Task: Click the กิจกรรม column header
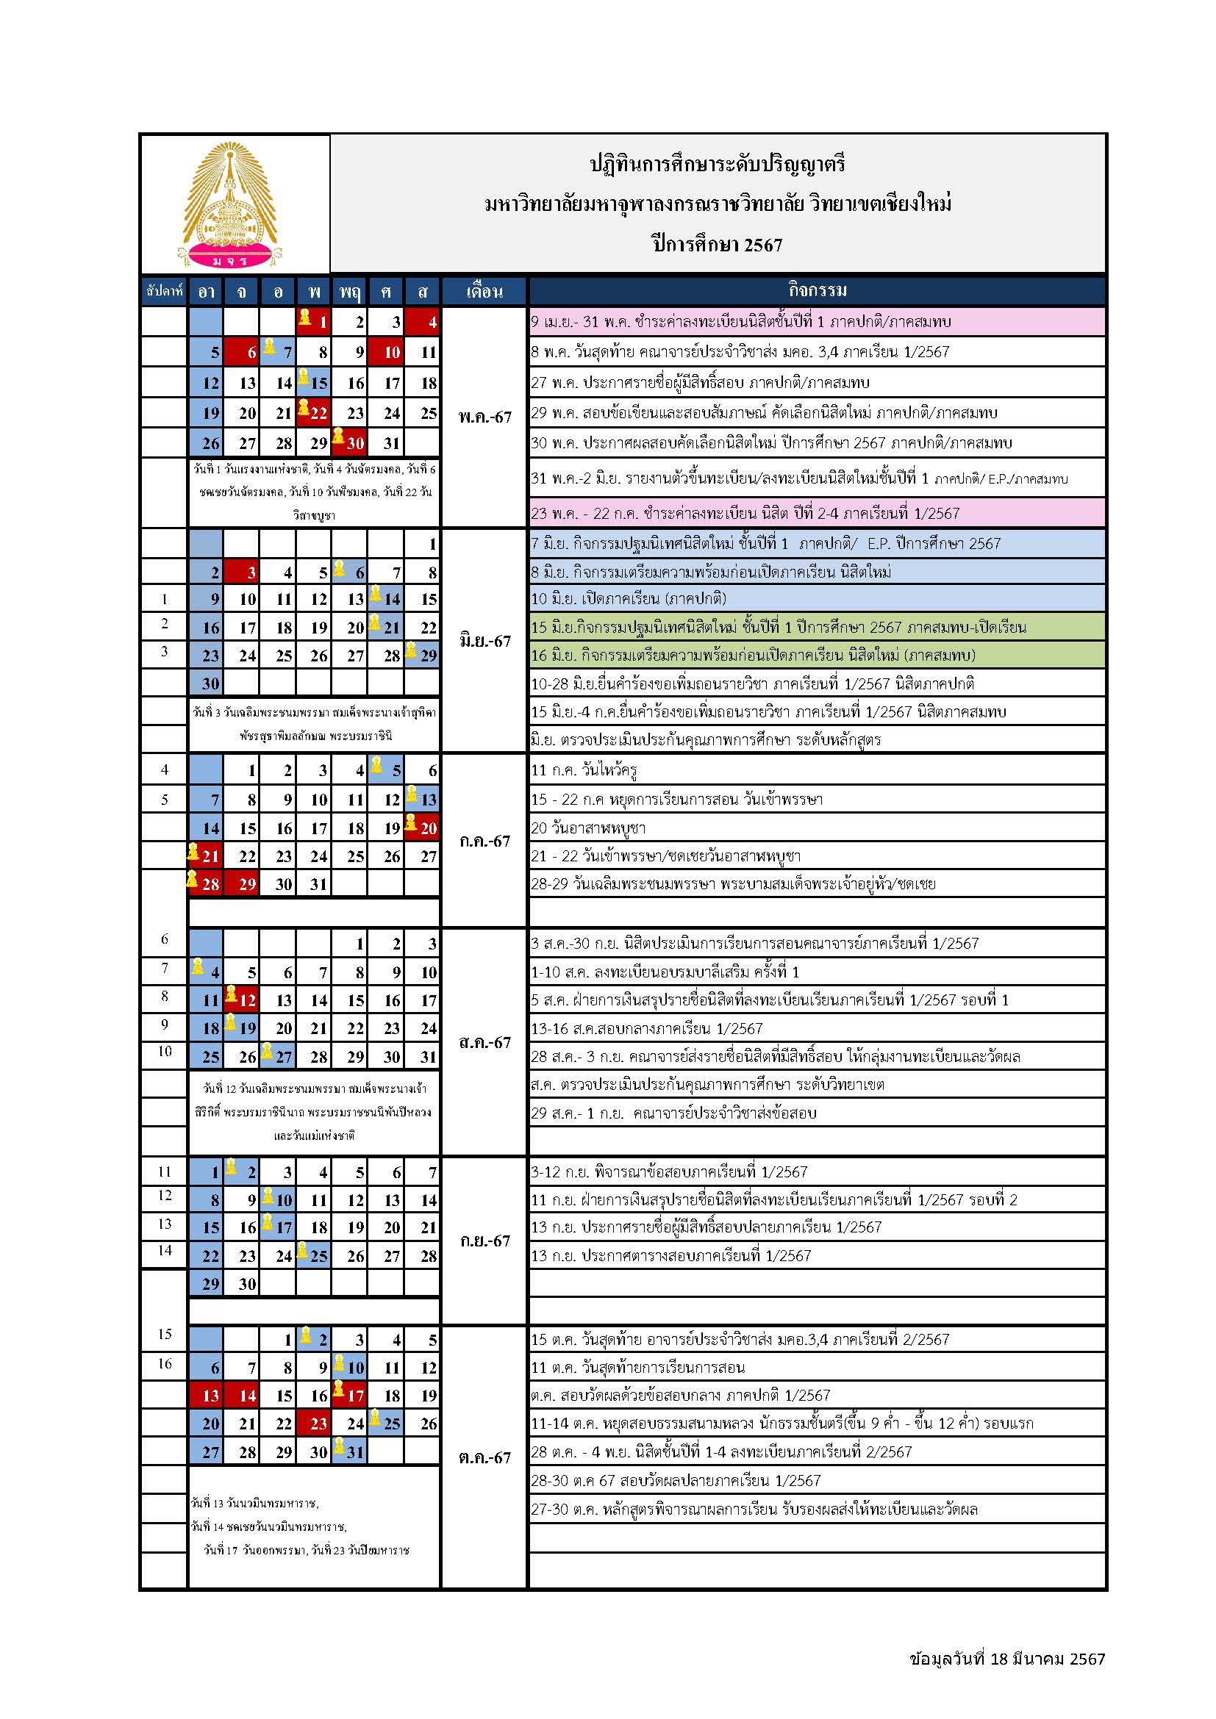tap(817, 290)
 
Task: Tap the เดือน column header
tap(484, 291)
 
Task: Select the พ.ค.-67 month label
tap(484, 417)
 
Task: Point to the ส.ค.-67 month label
tap(484, 1042)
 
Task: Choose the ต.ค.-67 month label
tap(484, 1457)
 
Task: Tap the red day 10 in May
tap(387, 353)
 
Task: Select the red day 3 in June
tap(242, 573)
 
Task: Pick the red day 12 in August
tap(243, 1000)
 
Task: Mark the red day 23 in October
tap(315, 1424)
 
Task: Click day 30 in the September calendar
tap(243, 1284)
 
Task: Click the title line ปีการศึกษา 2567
tap(718, 245)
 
